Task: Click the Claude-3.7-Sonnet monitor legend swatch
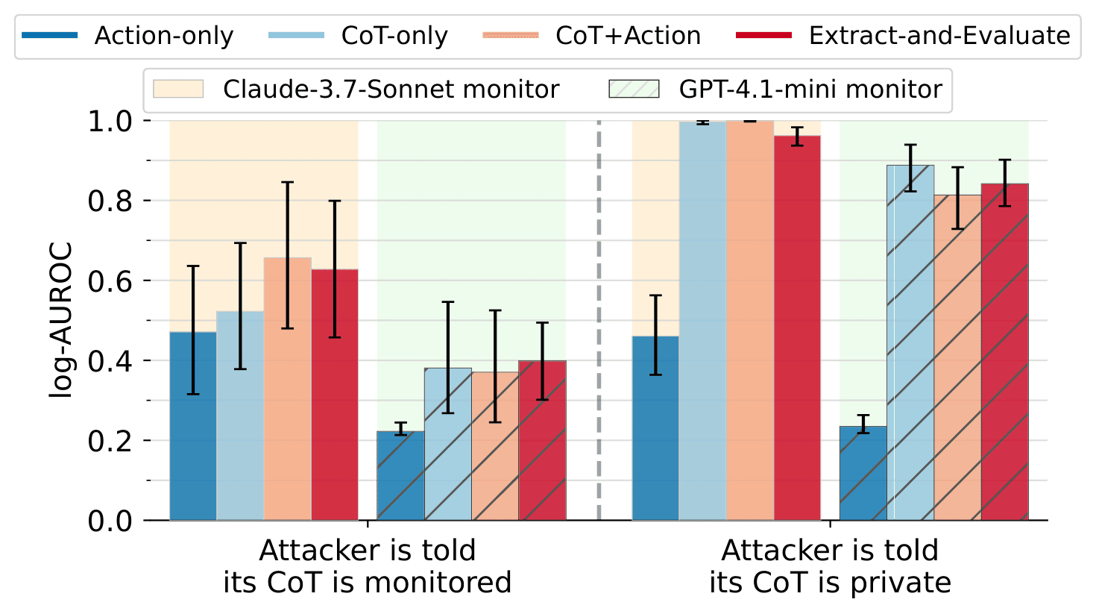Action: (x=178, y=90)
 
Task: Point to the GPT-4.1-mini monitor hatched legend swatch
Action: (x=634, y=90)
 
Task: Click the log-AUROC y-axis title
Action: (x=61, y=320)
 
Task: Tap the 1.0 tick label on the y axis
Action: (x=110, y=122)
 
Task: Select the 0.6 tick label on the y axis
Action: (x=110, y=281)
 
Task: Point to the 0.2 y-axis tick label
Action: (x=110, y=441)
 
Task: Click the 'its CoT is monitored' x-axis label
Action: (x=367, y=582)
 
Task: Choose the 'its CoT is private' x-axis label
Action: (x=830, y=582)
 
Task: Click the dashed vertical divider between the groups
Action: (x=599, y=321)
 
